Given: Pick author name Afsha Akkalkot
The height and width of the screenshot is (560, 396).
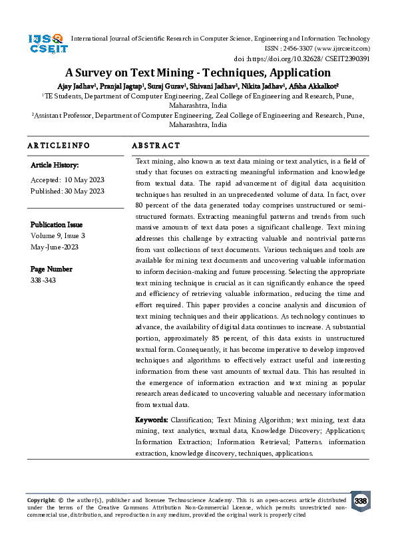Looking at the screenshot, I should pos(314,85).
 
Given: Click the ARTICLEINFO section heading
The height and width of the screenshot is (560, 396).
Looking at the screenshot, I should pos(59,145).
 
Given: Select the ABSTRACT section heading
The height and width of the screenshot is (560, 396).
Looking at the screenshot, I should pos(156,145).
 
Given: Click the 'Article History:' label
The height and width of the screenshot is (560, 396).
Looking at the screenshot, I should pos(55,164).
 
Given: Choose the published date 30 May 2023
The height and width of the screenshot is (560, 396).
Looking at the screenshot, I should pos(85,191).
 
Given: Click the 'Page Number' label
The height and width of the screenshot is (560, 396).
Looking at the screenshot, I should pos(51,269).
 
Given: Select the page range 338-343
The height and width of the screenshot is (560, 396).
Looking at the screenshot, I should pos(44,280).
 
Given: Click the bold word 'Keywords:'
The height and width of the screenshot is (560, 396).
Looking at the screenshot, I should pos(152,420).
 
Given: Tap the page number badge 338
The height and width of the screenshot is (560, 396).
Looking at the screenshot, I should pos(360,501).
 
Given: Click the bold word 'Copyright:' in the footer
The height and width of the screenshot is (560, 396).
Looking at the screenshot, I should pos(41,499).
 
